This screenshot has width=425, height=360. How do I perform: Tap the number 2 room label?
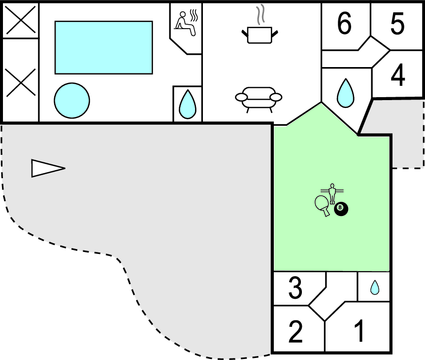tap(296, 331)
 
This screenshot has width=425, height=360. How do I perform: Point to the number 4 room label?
tap(397, 76)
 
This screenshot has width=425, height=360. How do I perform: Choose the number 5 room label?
tap(397, 24)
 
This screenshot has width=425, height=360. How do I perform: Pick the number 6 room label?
tap(345, 24)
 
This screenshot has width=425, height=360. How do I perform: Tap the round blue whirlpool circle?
tap(70, 100)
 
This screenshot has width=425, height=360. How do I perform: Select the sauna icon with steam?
tap(186, 24)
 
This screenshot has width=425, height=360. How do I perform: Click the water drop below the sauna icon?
tap(187, 102)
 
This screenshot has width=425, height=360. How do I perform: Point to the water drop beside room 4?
tap(345, 94)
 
